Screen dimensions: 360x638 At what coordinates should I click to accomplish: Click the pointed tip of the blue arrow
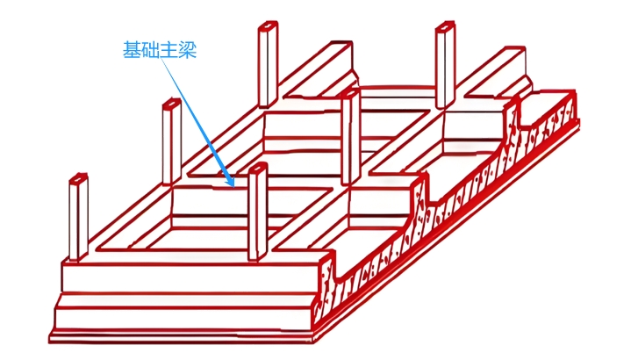[233, 186]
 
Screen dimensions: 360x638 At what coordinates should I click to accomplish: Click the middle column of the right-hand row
[350, 132]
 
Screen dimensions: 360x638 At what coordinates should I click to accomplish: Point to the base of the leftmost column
[80, 258]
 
